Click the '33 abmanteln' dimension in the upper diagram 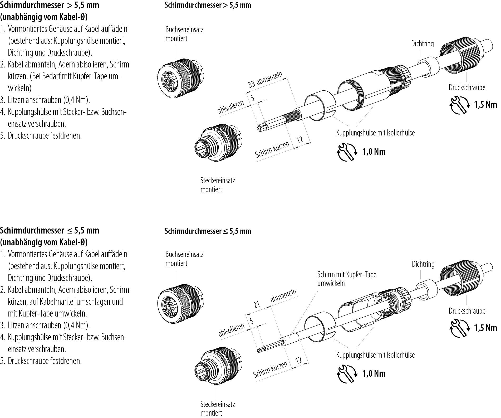point(265,80)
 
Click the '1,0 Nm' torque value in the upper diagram point(374,152)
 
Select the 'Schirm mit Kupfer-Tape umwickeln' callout point(347,279)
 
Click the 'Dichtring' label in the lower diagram point(423,264)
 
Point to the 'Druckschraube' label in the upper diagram point(467,88)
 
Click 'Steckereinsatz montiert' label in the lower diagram point(218,408)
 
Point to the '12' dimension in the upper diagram point(300,140)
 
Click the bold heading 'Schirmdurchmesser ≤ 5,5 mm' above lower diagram point(208,231)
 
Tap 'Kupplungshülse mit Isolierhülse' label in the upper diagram point(375,133)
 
